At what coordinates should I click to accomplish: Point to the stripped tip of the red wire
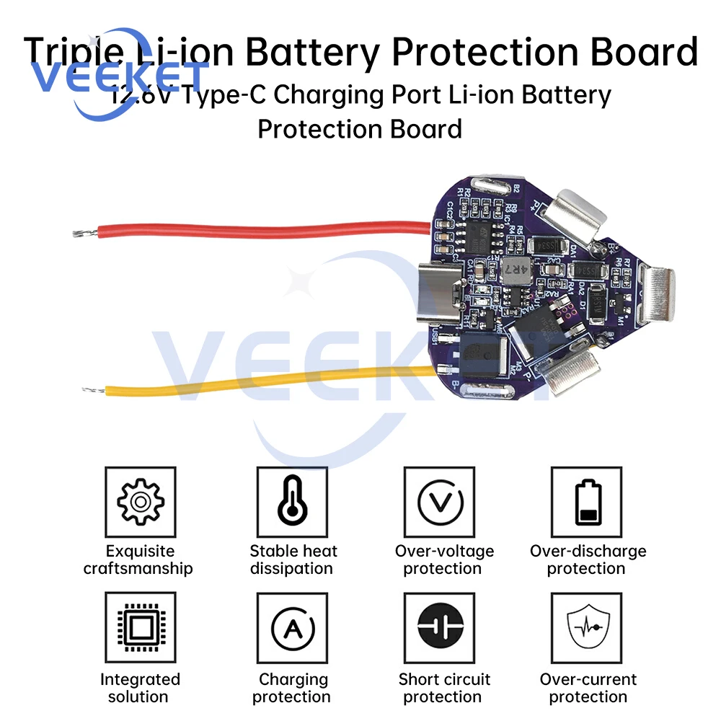(x=81, y=232)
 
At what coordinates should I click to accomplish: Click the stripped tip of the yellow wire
(x=91, y=390)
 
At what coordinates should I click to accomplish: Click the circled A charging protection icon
(x=292, y=627)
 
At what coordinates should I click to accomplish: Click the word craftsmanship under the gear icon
(x=138, y=569)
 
